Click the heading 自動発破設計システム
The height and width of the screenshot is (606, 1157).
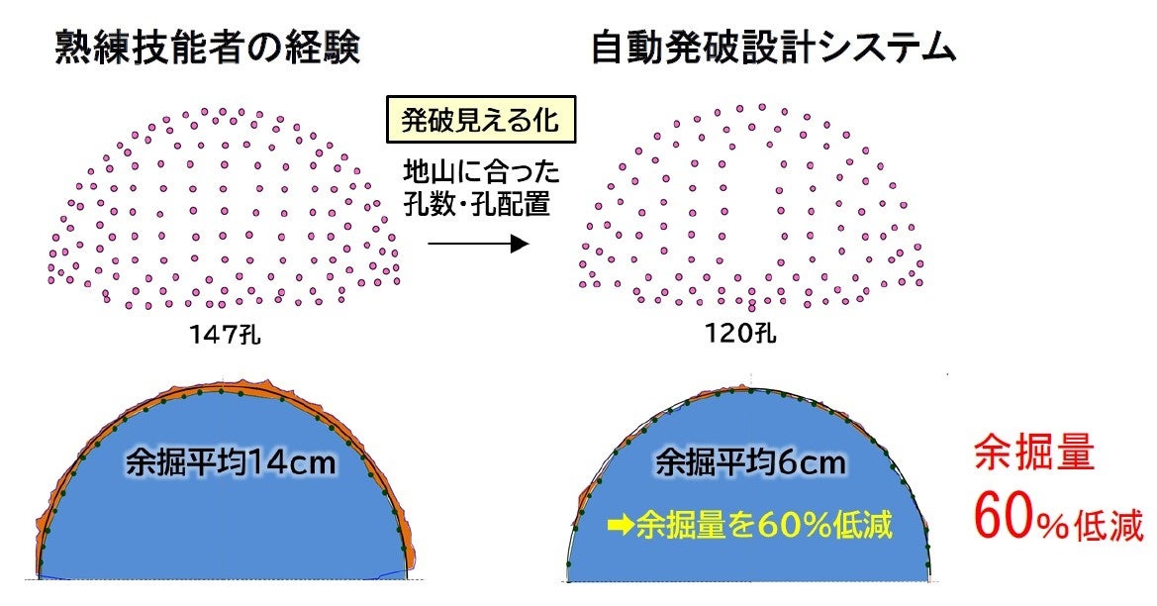coord(773,48)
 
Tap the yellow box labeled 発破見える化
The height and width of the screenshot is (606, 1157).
coord(480,121)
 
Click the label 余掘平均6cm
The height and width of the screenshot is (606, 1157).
coord(749,462)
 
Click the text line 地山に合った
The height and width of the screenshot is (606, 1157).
coord(479,173)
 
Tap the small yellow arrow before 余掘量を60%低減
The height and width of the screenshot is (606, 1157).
coord(622,524)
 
